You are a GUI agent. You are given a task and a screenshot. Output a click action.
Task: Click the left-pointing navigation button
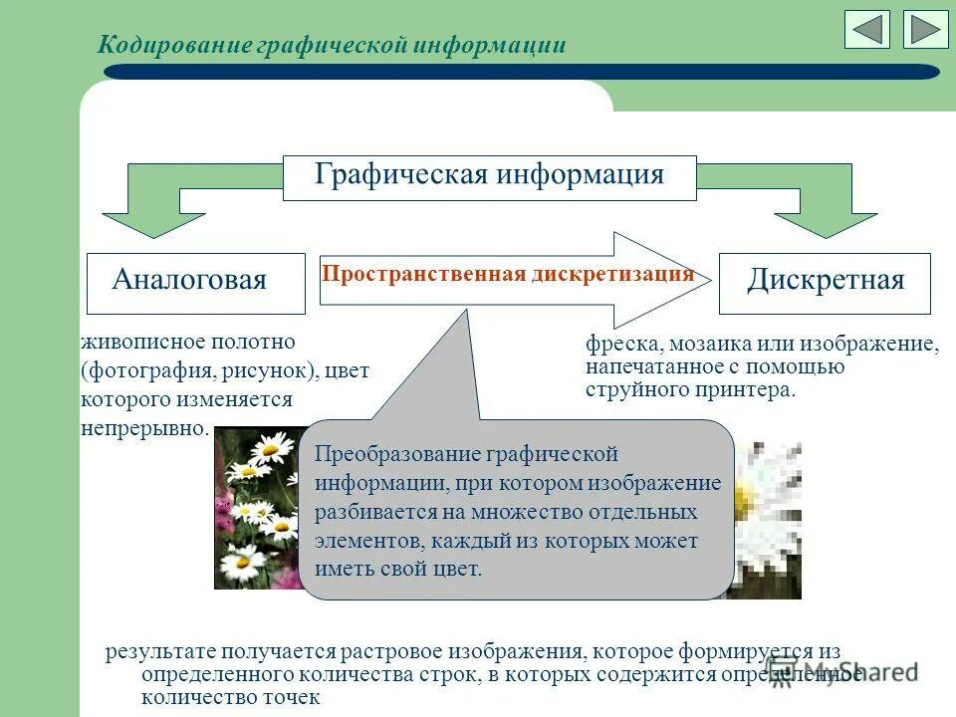tap(866, 29)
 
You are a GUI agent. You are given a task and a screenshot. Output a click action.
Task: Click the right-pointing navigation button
tap(926, 29)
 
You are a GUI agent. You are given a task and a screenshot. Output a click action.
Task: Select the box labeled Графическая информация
tap(489, 176)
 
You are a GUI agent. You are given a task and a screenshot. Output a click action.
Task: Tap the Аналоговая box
tap(195, 282)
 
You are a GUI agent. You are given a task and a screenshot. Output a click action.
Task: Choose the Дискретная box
tap(825, 282)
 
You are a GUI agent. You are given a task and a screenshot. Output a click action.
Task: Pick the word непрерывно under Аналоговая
tap(145, 428)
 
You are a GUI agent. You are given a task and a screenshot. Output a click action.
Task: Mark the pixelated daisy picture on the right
tap(769, 518)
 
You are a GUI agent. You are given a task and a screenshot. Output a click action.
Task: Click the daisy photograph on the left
tap(256, 508)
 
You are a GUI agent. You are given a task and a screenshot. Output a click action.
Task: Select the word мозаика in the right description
tap(708, 345)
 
